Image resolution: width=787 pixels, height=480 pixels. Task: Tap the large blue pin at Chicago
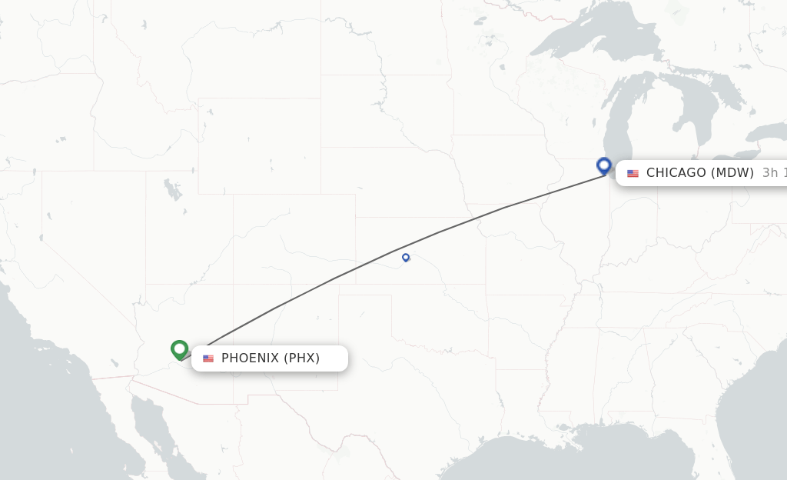(604, 165)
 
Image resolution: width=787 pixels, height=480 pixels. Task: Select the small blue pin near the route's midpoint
(406, 258)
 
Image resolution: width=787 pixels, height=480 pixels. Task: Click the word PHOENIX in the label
(249, 358)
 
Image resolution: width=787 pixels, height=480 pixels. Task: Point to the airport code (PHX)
(302, 358)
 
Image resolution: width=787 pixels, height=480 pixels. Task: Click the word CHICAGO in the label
(676, 173)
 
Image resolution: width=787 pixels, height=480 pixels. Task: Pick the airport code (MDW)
(732, 173)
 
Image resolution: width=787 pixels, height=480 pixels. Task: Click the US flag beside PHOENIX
(208, 358)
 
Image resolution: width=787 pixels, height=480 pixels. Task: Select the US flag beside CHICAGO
(633, 173)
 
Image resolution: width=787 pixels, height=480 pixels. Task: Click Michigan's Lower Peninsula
(661, 138)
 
